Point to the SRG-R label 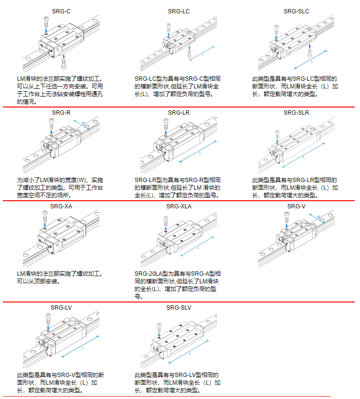click(61, 113)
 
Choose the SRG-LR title click(178, 113)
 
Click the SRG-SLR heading click(296, 113)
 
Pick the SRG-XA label click(61, 206)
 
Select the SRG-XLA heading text click(178, 206)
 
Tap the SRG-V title click(296, 206)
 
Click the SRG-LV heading click(61, 308)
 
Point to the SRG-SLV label click(178, 308)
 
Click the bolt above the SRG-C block click(46, 22)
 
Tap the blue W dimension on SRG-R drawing click(84, 125)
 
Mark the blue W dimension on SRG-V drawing click(318, 218)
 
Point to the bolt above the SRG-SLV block click(158, 327)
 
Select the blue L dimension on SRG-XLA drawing click(197, 249)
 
